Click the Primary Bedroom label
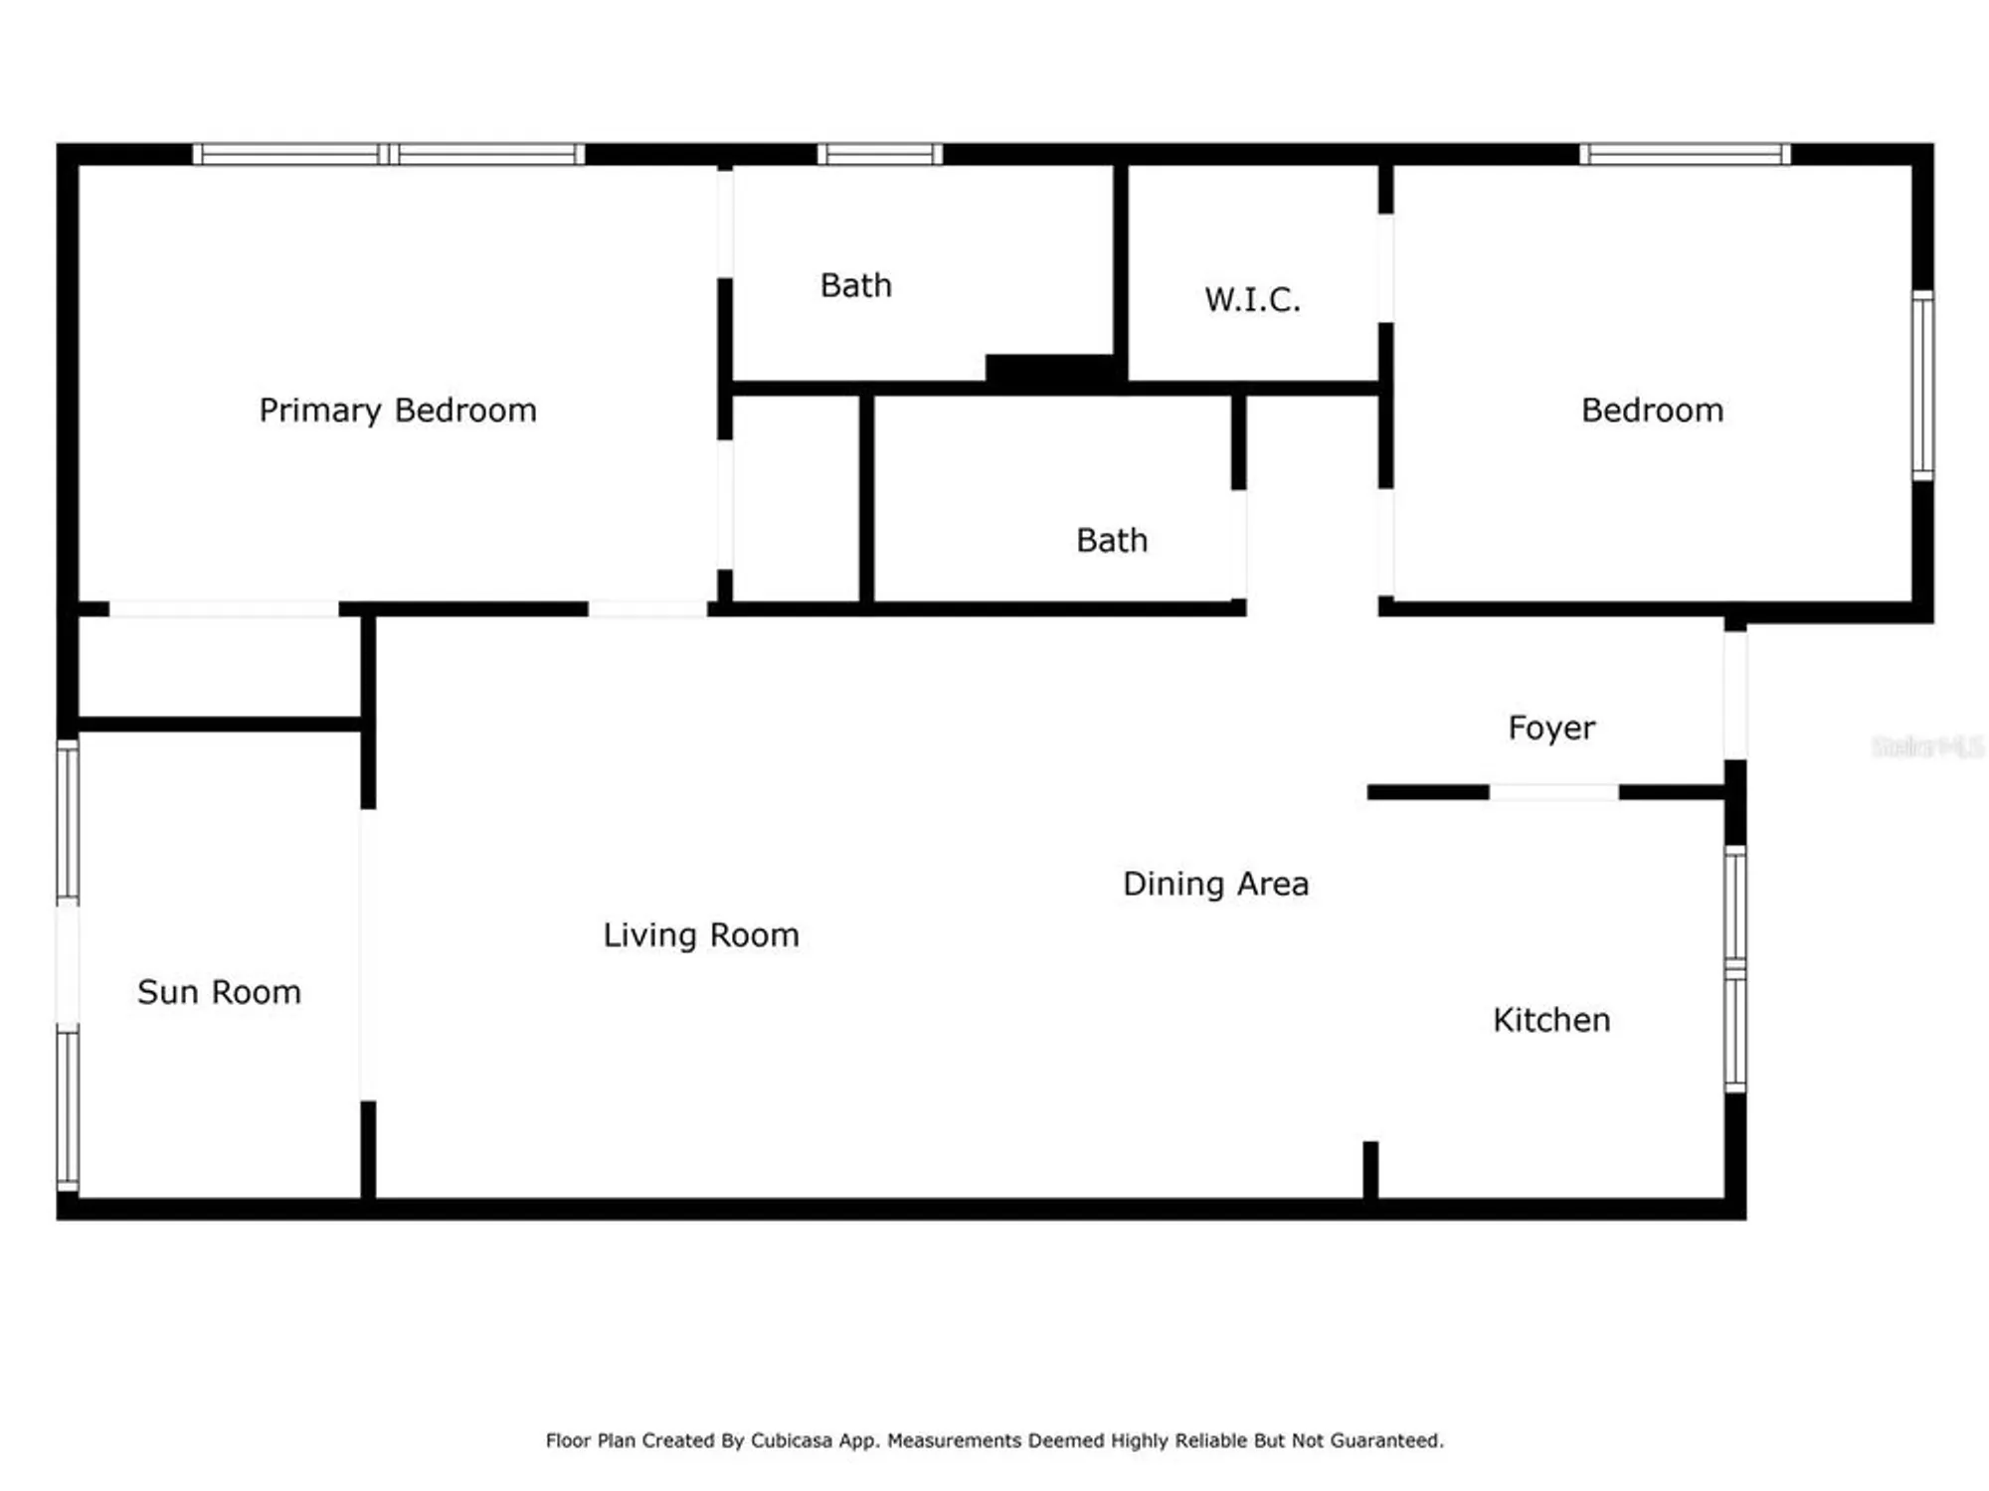click(398, 411)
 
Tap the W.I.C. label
click(1252, 299)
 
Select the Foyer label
click(1551, 728)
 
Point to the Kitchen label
click(1551, 1020)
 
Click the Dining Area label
click(1215, 884)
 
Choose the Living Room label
click(701, 935)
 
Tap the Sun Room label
click(219, 992)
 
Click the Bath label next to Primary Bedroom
click(855, 286)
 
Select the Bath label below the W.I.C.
click(1112, 541)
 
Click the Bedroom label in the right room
click(1652, 411)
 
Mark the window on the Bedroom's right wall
click(1923, 386)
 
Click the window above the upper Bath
click(880, 154)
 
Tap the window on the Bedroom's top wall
click(1685, 154)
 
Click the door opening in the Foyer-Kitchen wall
click(1553, 792)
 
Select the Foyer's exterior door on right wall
click(1735, 696)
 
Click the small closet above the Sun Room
click(219, 666)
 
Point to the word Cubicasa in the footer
click(791, 1440)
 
